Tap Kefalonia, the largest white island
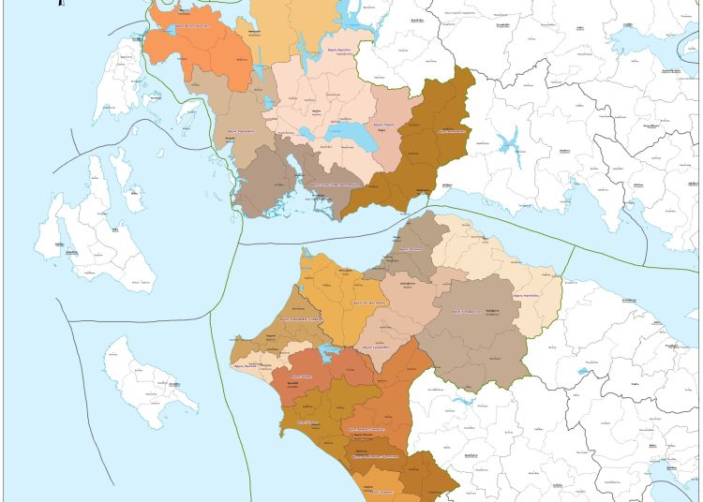tap(89, 234)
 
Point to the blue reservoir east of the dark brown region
tap(510, 144)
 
